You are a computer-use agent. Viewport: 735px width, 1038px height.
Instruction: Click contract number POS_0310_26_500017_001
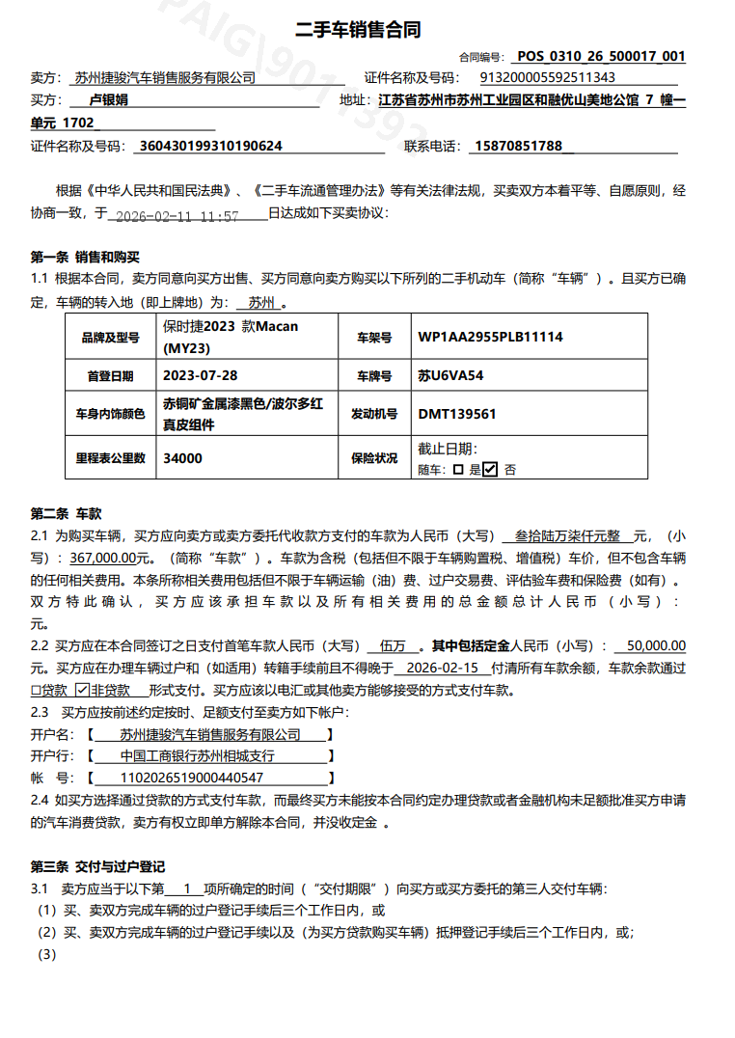tap(601, 56)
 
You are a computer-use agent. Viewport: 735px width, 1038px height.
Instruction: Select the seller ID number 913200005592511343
tap(548, 78)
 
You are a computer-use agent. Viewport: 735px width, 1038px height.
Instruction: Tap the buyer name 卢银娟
tap(108, 99)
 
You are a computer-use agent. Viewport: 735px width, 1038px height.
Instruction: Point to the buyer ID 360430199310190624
tap(211, 146)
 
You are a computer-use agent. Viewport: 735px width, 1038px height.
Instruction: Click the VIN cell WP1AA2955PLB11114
tap(490, 338)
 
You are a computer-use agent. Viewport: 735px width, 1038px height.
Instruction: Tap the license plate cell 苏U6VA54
tap(450, 375)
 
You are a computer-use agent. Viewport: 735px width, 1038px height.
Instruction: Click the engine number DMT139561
tap(457, 414)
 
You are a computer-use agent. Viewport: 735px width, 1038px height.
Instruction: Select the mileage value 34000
tap(183, 458)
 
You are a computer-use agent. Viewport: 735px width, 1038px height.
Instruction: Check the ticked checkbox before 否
tap(489, 470)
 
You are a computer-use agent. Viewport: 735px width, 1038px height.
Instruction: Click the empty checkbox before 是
tap(458, 470)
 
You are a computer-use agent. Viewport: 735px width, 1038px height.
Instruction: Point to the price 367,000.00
tap(107, 559)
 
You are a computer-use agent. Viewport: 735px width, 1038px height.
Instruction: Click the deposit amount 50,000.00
tap(656, 645)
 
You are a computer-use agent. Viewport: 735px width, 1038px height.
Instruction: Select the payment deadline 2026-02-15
tap(444, 668)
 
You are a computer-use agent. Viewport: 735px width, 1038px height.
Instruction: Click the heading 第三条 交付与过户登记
tap(98, 867)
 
